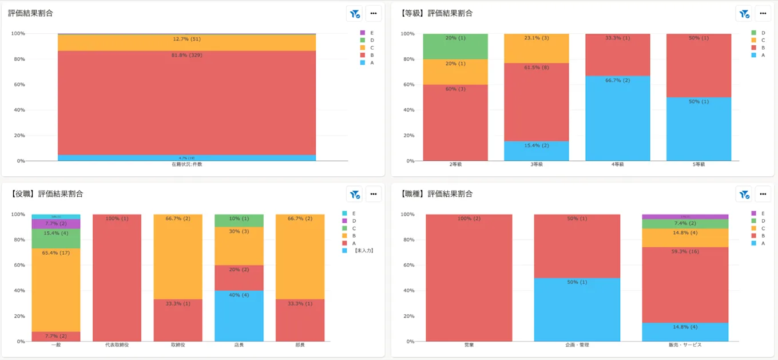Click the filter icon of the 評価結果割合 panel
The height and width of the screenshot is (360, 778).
[x=354, y=13]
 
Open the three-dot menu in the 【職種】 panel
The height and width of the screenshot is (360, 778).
[x=763, y=194]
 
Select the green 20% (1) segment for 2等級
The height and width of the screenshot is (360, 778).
[x=455, y=46]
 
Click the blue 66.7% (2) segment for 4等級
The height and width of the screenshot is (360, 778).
[x=617, y=118]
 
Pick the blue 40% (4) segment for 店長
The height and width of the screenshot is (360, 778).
[x=239, y=316]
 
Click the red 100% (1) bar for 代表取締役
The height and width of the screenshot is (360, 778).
[x=117, y=278]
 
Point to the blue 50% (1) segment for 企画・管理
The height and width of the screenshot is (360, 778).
[x=577, y=309]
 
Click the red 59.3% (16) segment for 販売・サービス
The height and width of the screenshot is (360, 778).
[x=685, y=284]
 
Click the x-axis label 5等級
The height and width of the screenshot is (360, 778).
[x=698, y=164]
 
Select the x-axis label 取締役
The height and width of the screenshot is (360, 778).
[x=178, y=345]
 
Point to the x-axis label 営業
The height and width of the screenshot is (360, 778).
[x=469, y=345]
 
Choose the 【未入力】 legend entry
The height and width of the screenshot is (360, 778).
[x=363, y=251]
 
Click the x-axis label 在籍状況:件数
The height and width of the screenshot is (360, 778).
[x=186, y=164]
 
